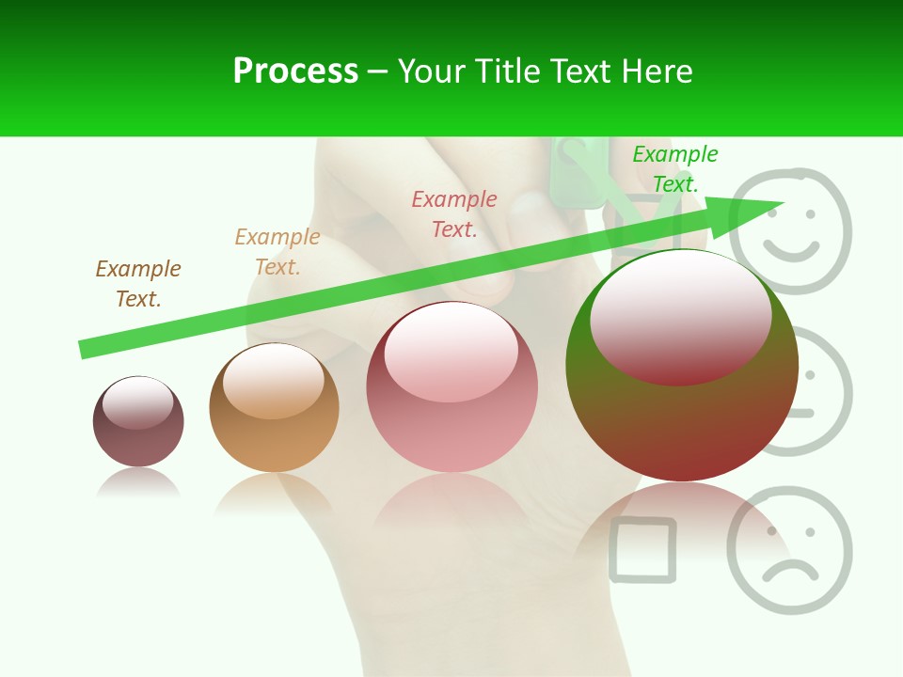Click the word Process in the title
295,71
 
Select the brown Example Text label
138,283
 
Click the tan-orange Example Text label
277,252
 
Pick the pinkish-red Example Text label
454,213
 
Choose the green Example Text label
674,169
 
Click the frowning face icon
790,550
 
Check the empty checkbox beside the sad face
642,550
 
